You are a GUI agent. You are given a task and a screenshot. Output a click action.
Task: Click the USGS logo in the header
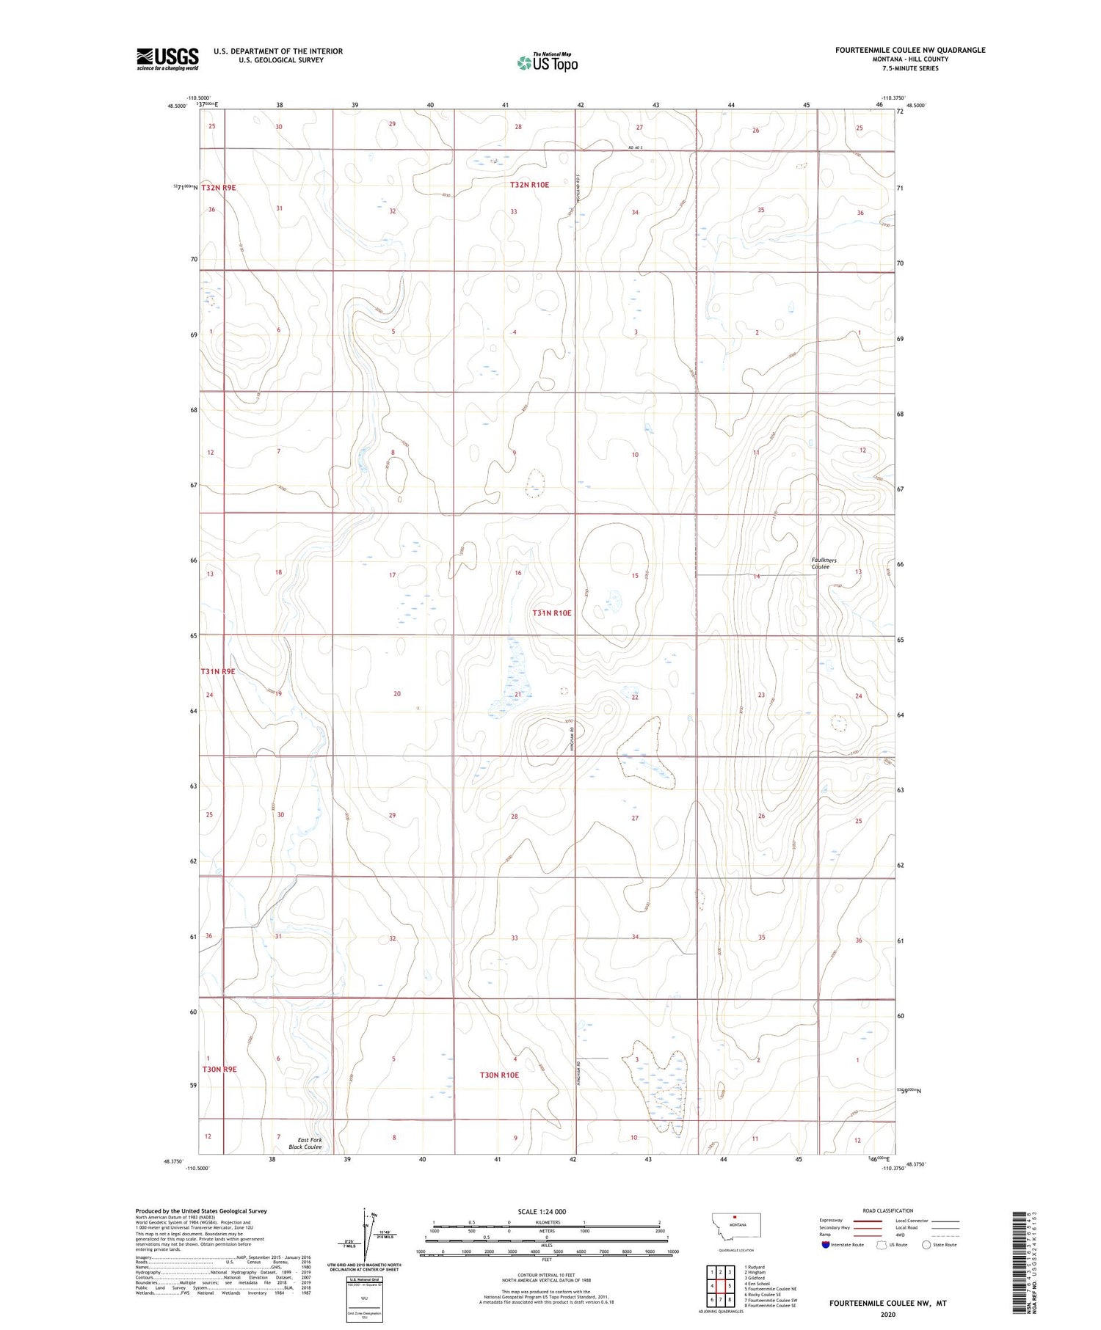pos(167,59)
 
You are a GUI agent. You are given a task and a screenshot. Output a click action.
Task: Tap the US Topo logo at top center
pos(548,63)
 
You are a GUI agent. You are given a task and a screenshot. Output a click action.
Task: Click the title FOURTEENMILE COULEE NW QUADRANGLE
pos(909,51)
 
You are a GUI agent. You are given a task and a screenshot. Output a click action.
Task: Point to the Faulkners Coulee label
pos(824,563)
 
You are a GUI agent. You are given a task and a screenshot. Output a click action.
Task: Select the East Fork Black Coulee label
pos(305,1143)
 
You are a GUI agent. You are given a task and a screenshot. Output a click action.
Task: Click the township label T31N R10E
pos(552,613)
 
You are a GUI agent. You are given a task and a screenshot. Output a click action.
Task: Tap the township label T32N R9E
pos(219,188)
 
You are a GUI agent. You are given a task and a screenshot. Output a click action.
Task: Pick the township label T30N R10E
pos(499,1075)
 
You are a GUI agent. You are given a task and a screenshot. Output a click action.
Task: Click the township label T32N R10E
pos(529,185)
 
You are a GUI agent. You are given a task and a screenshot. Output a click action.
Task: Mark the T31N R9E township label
pos(218,671)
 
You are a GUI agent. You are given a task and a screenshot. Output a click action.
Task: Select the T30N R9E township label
pos(219,1069)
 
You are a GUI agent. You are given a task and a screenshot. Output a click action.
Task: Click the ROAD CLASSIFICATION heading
pos(887,1210)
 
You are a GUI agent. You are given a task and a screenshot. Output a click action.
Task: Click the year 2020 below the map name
pos(887,1314)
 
